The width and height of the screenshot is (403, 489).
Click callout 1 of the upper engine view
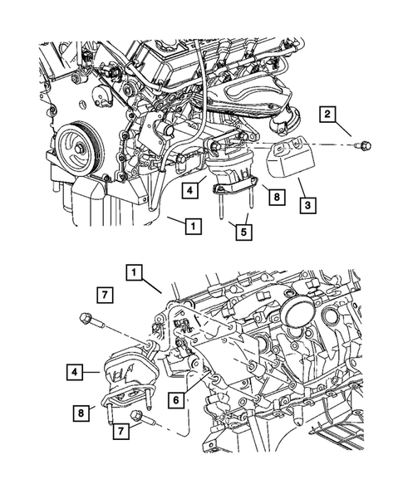[192, 224]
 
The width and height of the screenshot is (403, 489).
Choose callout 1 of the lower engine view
[132, 271]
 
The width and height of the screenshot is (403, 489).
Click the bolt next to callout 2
[363, 147]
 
